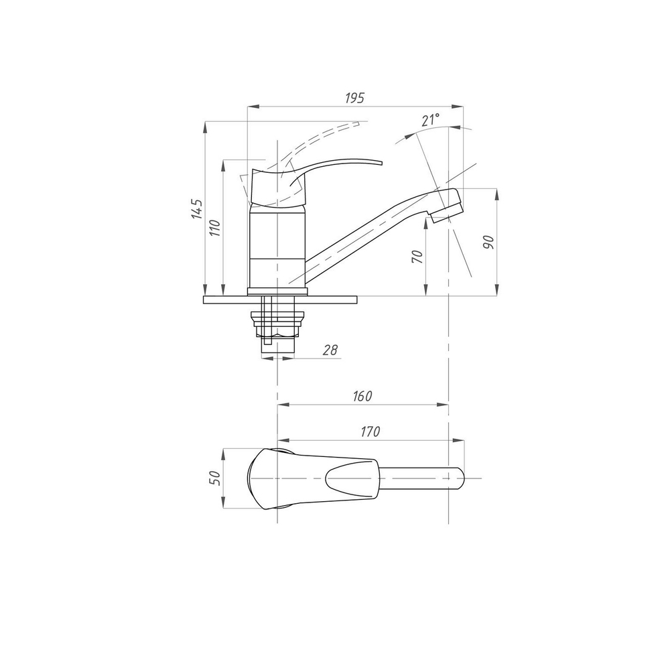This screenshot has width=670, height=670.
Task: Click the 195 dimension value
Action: tap(354, 98)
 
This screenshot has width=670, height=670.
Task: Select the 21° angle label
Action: tap(431, 120)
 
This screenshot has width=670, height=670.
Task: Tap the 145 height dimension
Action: tap(196, 209)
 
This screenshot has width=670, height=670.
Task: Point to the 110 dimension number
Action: tap(214, 228)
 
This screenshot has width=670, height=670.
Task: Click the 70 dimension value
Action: tap(417, 256)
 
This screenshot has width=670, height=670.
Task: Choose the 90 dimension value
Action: tap(488, 243)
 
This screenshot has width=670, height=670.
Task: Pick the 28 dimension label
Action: tap(330, 350)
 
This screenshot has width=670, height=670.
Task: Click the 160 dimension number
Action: tap(362, 396)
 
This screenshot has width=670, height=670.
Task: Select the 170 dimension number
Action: tap(370, 432)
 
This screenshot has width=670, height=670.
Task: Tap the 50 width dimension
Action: tap(215, 478)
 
